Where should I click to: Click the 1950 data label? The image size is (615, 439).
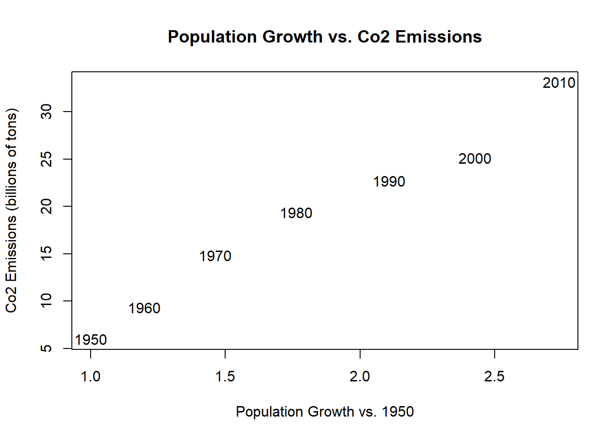tap(91, 340)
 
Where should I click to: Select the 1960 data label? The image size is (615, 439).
tap(144, 308)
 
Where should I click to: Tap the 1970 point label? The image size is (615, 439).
tap(215, 256)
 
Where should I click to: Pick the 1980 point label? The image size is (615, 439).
tap(296, 213)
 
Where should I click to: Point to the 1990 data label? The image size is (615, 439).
tap(389, 182)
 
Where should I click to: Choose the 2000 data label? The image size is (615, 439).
tap(475, 159)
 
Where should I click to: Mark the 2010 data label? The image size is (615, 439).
tap(559, 83)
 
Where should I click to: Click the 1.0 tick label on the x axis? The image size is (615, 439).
tap(91, 376)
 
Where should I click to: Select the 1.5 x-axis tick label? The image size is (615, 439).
tap(225, 376)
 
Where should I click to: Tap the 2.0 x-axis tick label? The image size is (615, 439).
tap(360, 376)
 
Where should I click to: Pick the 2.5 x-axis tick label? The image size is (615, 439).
tap(494, 376)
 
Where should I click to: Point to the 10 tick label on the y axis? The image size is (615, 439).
tap(47, 301)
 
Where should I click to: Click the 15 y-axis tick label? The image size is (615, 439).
tap(47, 253)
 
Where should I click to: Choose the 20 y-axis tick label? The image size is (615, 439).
tap(47, 206)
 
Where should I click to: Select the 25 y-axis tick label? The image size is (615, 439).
tap(47, 159)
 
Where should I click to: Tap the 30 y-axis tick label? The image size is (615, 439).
tap(47, 112)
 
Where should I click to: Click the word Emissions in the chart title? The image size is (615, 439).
tap(438, 37)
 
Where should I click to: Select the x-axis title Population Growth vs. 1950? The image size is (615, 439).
tap(324, 412)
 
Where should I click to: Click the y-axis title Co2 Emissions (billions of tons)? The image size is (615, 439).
tap(11, 210)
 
